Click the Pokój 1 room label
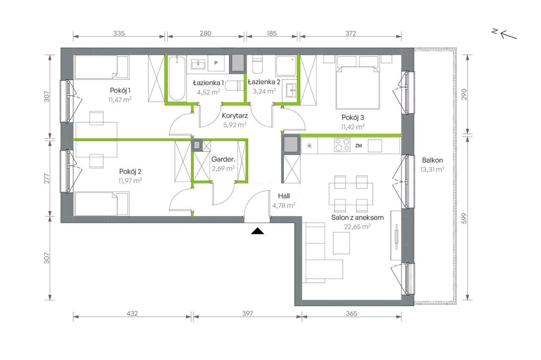click(120, 90)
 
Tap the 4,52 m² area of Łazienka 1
click(208, 92)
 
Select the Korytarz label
click(235, 116)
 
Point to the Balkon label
click(432, 160)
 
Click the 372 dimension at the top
click(351, 33)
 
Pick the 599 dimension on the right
click(464, 218)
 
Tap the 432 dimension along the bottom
click(132, 314)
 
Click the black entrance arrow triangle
click(257, 231)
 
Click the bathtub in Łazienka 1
click(177, 78)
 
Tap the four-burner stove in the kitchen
click(342, 145)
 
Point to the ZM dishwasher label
click(358, 146)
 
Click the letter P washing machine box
click(216, 63)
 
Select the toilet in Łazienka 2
click(257, 64)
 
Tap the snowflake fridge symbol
click(309, 146)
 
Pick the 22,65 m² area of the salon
click(358, 227)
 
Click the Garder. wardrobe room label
click(223, 159)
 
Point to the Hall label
click(284, 196)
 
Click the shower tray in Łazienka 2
click(286, 65)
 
